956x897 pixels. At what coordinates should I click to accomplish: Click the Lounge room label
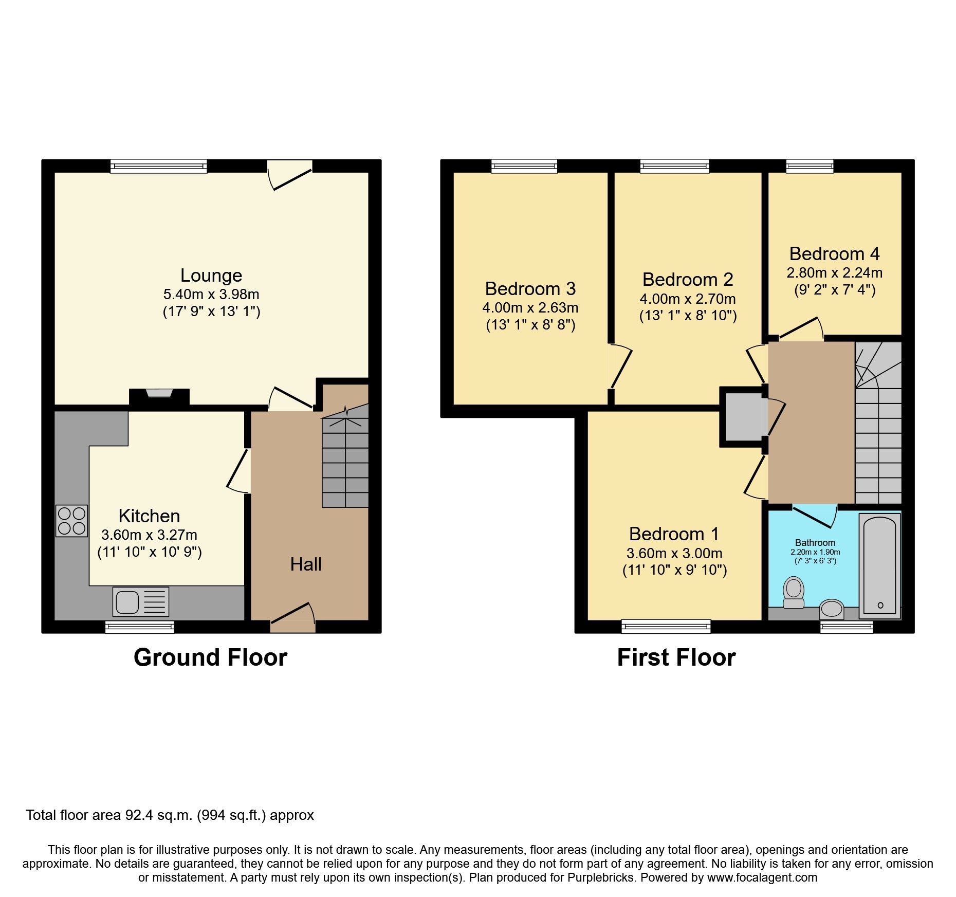tap(211, 276)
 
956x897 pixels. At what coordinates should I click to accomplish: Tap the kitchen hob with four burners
tap(71, 521)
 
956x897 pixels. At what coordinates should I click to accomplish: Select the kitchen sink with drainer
tap(140, 601)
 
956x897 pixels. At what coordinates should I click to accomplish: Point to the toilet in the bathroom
tap(794, 593)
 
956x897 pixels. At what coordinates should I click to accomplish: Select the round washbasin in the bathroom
tap(831, 609)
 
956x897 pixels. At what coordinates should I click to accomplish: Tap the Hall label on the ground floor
tap(306, 564)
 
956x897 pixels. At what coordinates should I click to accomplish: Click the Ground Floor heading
tap(210, 657)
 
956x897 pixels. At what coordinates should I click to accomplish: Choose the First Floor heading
tap(676, 657)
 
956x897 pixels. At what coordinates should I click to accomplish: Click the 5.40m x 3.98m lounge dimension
tap(211, 295)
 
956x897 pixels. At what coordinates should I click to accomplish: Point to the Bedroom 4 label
tap(834, 254)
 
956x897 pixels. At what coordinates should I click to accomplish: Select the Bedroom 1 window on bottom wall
tap(666, 626)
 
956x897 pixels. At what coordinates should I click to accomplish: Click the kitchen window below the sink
tap(139, 627)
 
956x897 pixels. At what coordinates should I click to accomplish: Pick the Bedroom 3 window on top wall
tap(524, 166)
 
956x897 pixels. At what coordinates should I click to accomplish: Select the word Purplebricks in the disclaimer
tap(601, 877)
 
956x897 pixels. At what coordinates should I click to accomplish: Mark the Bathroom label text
tap(815, 542)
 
